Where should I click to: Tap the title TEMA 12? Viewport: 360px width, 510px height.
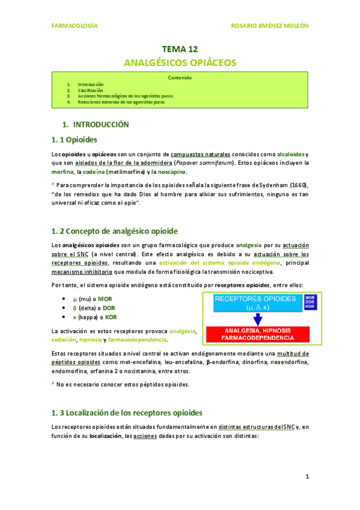pyautogui.click(x=180, y=49)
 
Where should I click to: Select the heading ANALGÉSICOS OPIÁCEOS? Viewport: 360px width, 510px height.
pyautogui.click(x=180, y=63)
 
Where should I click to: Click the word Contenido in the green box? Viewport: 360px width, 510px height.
pyautogui.click(x=180, y=78)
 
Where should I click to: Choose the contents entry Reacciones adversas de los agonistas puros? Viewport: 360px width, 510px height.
pyautogui.click(x=121, y=102)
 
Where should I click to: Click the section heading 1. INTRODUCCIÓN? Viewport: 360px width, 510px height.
pyautogui.click(x=96, y=124)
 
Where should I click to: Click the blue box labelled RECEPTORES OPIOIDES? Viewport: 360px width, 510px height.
pyautogui.click(x=255, y=303)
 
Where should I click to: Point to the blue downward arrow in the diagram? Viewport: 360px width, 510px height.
pyautogui.click(x=255, y=319)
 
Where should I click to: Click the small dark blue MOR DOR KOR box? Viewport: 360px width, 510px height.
pyautogui.click(x=310, y=303)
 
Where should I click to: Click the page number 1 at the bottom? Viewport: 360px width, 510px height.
pyautogui.click(x=307, y=477)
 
